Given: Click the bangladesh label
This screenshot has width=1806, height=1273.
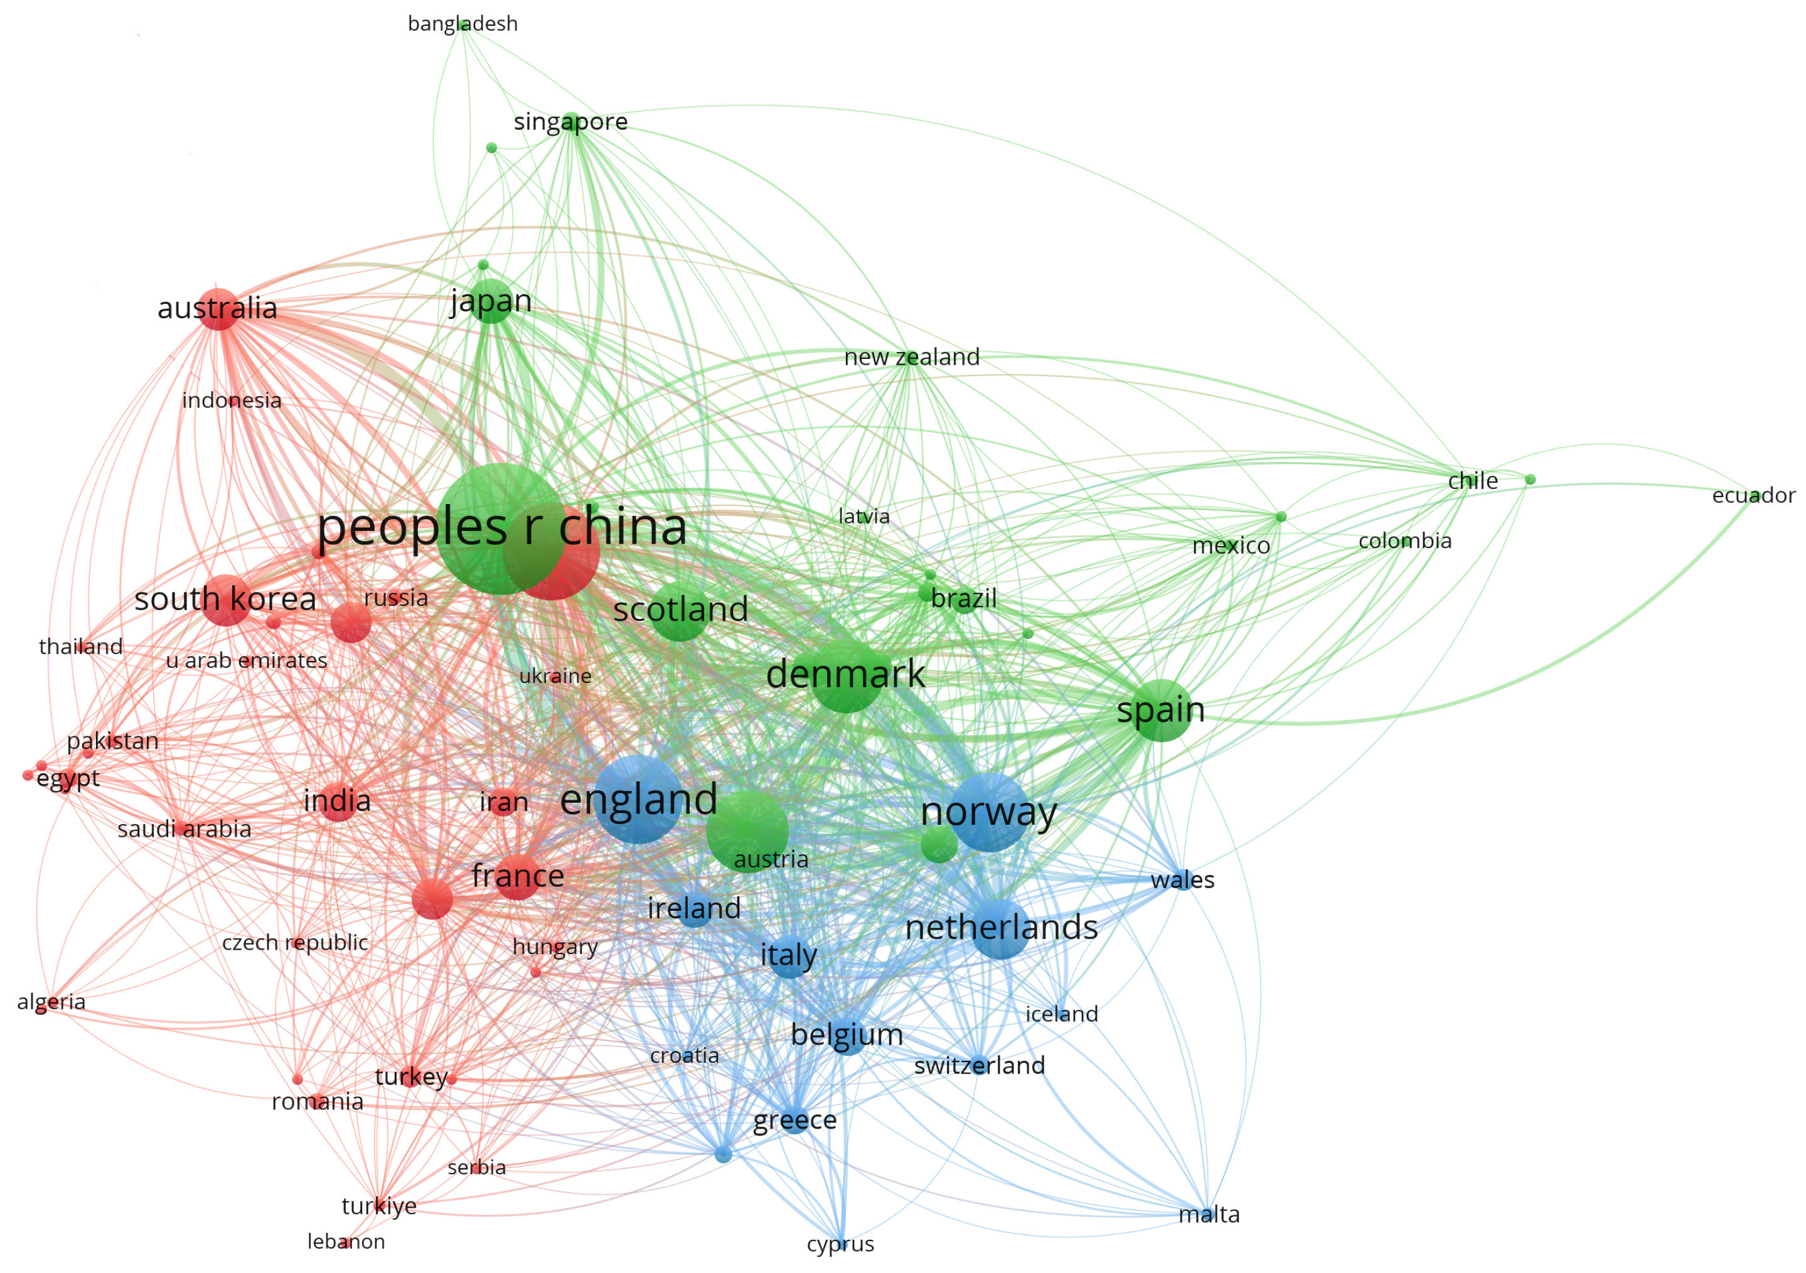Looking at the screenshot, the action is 462,24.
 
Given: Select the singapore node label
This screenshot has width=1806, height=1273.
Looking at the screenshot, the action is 570,122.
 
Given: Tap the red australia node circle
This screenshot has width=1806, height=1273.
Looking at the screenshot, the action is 218,309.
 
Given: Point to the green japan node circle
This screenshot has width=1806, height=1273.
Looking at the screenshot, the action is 490,301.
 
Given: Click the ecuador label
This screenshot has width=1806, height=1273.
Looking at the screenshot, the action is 1753,496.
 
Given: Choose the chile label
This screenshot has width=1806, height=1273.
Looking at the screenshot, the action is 1473,481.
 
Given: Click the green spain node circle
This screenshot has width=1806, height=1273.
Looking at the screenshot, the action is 1161,711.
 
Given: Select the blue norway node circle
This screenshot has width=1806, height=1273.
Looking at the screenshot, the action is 990,812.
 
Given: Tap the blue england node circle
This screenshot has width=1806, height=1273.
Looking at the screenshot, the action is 638,799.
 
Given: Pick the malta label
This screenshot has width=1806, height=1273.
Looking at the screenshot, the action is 1209,1215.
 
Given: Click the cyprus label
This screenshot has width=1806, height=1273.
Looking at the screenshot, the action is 840,1244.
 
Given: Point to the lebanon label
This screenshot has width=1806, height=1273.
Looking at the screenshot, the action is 346,1242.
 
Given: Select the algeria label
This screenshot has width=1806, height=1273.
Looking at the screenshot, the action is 51,1002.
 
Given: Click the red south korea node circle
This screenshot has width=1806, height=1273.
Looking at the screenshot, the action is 227,600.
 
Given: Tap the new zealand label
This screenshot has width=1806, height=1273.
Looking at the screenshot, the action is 912,357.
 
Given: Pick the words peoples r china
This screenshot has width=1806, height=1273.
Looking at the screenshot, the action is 502,527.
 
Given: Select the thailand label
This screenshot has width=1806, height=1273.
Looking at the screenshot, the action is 81,647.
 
